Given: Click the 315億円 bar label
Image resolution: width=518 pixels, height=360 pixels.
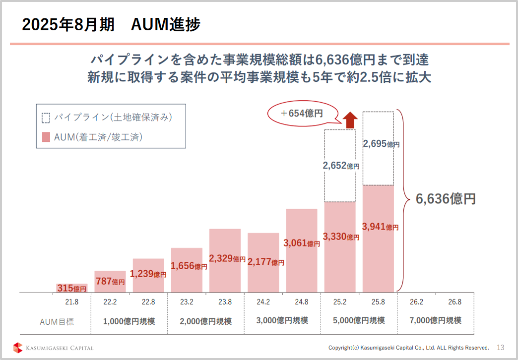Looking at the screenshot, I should click(71, 288).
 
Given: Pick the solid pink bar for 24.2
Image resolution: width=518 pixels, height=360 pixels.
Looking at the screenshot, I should click(263, 278).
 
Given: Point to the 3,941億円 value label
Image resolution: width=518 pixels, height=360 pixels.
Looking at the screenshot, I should click(381, 227).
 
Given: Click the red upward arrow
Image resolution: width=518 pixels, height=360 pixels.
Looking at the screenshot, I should click(350, 120).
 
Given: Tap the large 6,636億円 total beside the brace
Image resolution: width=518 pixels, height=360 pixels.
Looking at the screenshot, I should click(446, 199).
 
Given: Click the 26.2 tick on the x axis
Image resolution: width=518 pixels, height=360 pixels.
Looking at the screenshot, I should click(416, 301).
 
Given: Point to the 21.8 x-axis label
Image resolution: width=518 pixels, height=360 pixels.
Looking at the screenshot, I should click(71, 301).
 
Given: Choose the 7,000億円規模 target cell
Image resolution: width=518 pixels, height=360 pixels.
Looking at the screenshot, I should click(436, 320).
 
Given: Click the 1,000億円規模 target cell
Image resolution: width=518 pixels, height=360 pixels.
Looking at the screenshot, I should click(129, 321).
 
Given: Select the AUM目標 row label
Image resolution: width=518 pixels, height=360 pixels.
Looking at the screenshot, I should click(57, 321).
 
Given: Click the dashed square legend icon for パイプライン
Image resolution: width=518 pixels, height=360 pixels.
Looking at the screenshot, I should click(46, 118).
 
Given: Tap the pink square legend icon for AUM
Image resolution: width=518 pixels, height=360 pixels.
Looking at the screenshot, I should click(46, 137).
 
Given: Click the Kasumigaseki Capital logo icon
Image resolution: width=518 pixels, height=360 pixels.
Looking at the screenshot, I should click(18, 348).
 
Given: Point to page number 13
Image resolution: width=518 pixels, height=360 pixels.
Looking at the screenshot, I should click(500, 348).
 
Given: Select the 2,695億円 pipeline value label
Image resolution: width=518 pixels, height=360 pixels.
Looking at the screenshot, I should click(381, 144).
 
